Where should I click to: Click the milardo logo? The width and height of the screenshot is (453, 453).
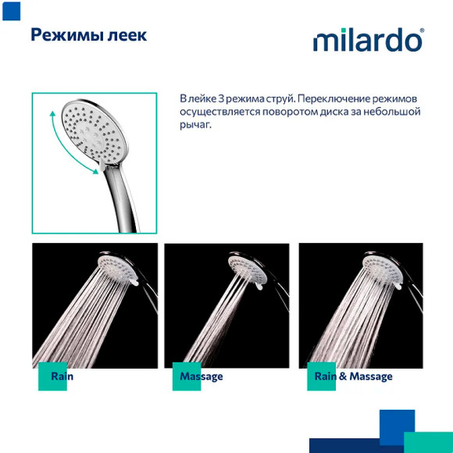(368, 40)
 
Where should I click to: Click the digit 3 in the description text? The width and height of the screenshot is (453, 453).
(220, 98)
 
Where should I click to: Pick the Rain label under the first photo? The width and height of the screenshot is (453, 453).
(62, 376)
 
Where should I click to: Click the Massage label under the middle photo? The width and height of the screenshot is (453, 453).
(202, 376)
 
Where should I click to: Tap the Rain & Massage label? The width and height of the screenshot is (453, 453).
(353, 376)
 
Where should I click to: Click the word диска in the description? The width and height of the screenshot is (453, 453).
(358, 112)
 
